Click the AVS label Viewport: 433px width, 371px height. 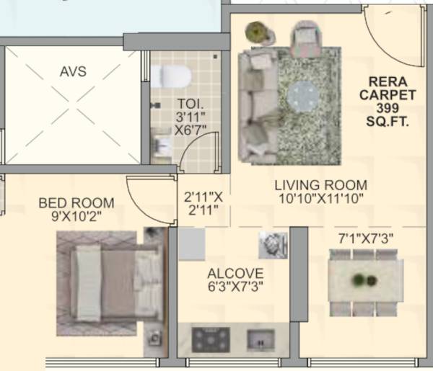point(73,71)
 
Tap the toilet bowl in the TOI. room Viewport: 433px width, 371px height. point(171,75)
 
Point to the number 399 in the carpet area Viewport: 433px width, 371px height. point(388,107)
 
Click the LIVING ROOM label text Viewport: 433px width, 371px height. point(320,184)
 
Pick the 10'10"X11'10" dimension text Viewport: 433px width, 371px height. point(320,197)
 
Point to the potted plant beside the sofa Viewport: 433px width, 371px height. point(256,32)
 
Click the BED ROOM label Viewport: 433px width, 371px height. point(76,203)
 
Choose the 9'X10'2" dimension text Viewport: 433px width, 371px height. point(76,216)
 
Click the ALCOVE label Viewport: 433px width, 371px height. point(235,274)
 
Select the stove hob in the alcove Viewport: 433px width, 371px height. point(211,339)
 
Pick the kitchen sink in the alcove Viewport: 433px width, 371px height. point(261,338)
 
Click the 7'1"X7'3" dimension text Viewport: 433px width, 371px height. point(366,237)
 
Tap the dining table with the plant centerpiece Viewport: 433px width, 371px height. point(365,281)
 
